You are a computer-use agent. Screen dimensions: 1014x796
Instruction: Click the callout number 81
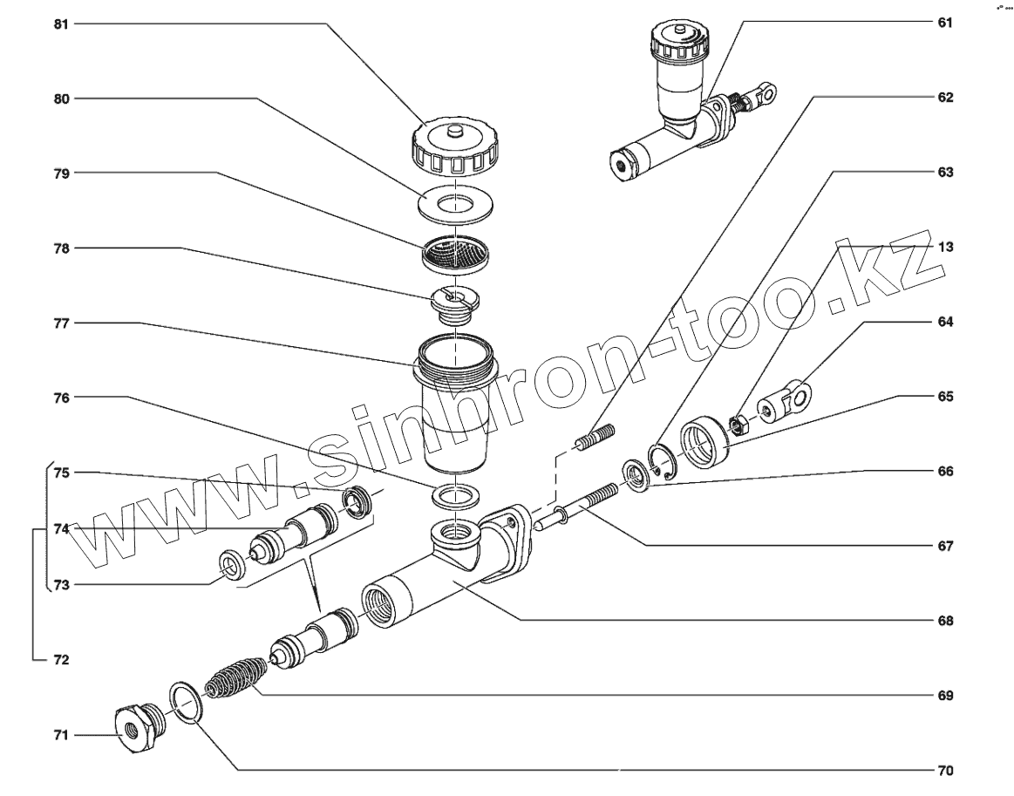[x=61, y=24]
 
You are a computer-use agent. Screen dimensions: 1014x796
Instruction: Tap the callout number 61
[x=945, y=23]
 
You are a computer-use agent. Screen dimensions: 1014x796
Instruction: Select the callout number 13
[x=945, y=247]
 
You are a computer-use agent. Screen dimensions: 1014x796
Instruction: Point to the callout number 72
[x=61, y=660]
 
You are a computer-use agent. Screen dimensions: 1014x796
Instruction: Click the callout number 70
[x=945, y=771]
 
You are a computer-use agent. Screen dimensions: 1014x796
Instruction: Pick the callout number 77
[x=61, y=323]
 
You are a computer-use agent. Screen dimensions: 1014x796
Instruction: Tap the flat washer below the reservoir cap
[x=456, y=205]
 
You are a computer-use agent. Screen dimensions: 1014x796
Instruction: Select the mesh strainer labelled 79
[x=455, y=254]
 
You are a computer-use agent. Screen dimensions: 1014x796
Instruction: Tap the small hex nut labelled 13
[x=738, y=425]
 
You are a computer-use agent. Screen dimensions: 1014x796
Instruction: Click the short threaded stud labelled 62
[x=595, y=438]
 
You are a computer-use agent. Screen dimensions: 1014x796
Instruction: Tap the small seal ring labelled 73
[x=232, y=564]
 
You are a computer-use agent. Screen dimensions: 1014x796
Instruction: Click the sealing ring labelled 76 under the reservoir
[x=455, y=497]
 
